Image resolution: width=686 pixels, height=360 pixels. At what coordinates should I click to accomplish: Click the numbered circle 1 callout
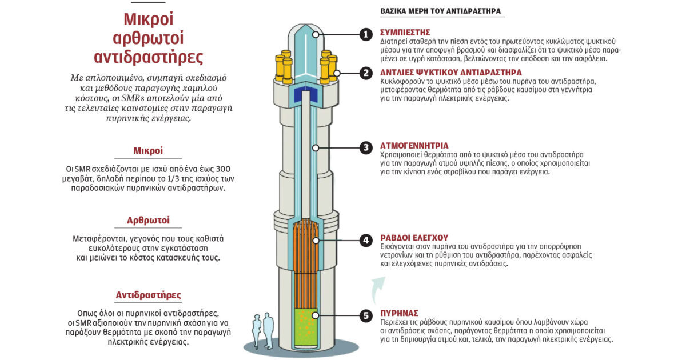366,35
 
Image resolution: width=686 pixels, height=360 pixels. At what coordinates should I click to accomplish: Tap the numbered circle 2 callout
366,73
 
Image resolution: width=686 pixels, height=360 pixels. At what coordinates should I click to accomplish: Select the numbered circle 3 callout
366,148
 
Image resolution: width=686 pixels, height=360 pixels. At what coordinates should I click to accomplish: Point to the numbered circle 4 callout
366,241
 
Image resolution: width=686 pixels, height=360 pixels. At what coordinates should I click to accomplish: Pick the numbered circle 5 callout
366,315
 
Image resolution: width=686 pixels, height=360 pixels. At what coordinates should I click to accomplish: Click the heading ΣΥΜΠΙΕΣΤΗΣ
405,33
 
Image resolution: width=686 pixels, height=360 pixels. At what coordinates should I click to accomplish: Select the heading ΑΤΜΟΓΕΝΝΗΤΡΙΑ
414,146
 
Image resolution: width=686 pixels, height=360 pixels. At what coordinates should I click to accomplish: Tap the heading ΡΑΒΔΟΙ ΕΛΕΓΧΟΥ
414,238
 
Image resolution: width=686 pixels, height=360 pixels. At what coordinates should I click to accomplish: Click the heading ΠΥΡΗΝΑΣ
399,313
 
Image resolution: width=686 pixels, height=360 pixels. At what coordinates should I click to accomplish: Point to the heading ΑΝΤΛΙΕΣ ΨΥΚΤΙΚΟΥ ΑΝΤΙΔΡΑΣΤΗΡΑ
451,73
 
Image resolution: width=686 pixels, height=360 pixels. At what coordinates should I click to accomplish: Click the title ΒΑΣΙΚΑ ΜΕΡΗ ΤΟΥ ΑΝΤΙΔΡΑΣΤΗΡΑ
440,11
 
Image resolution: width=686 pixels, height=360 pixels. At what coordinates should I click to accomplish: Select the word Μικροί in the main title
149,19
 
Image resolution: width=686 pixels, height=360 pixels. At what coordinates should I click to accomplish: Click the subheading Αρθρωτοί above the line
148,220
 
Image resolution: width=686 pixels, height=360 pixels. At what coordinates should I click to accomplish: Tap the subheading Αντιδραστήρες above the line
148,295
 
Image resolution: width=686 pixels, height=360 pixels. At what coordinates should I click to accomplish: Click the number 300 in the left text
224,169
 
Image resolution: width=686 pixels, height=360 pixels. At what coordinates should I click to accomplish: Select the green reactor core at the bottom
306,327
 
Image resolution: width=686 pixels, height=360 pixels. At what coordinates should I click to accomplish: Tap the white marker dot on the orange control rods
316,241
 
